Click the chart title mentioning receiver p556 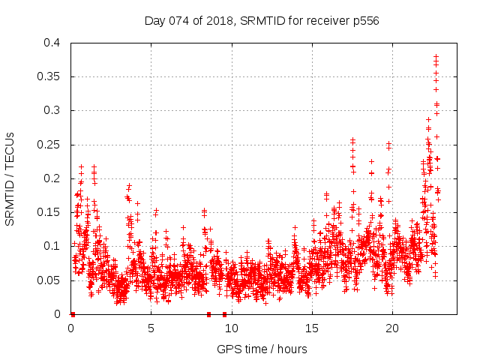coord(262,20)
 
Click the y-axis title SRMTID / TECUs coord(10,178)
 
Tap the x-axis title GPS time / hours coord(262,349)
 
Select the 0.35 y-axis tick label coord(50,76)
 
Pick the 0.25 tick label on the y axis coord(50,145)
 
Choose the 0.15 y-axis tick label coord(50,212)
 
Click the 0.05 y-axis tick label coord(50,280)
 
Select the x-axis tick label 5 coord(151,328)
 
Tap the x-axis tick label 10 coord(232,328)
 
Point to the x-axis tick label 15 coord(312,328)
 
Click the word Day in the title coord(154,20)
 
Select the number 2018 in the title coord(216,20)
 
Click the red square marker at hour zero coord(72,314)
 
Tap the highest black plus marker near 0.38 coord(436,55)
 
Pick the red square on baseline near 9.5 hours coord(224,314)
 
